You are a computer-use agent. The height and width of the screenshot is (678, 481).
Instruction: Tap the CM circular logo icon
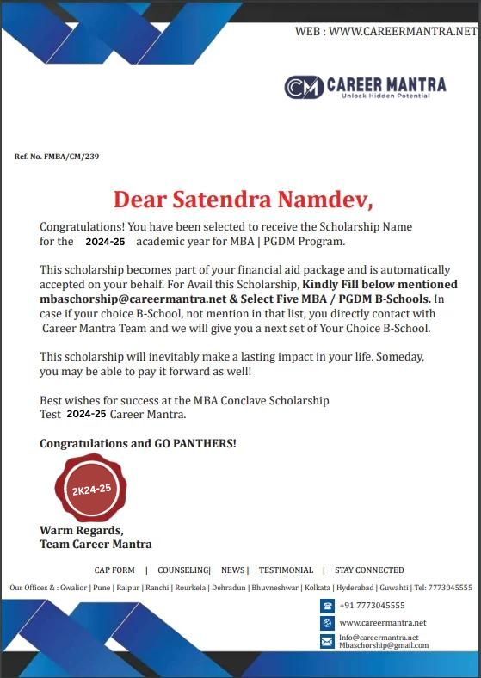(x=303, y=87)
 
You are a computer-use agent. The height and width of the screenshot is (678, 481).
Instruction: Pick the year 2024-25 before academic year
(x=105, y=242)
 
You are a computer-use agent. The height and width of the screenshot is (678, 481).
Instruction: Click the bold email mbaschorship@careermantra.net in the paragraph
(x=126, y=299)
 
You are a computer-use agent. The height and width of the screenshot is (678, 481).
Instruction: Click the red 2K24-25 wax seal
(x=91, y=489)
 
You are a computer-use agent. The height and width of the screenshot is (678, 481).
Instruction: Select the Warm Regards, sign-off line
(x=82, y=530)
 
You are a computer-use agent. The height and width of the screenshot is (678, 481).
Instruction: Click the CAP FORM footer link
(x=114, y=570)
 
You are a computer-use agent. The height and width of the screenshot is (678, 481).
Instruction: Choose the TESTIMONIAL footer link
(x=286, y=570)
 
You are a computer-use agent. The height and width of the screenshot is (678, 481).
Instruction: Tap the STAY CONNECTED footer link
(x=369, y=570)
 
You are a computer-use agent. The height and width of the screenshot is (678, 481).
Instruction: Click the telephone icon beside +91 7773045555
(x=327, y=606)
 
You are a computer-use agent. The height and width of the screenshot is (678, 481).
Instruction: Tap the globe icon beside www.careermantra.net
(x=327, y=623)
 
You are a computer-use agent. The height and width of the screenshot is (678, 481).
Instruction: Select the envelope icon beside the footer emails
(x=327, y=641)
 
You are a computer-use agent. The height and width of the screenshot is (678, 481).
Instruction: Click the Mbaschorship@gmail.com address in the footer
(x=383, y=645)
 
